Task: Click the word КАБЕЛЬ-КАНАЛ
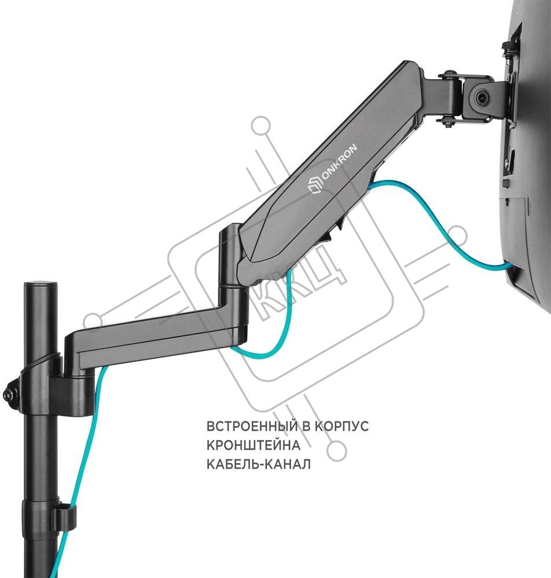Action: pyautogui.click(x=258, y=464)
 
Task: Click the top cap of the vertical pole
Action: pyautogui.click(x=41, y=286)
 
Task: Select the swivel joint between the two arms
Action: pyautogui.click(x=229, y=265)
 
